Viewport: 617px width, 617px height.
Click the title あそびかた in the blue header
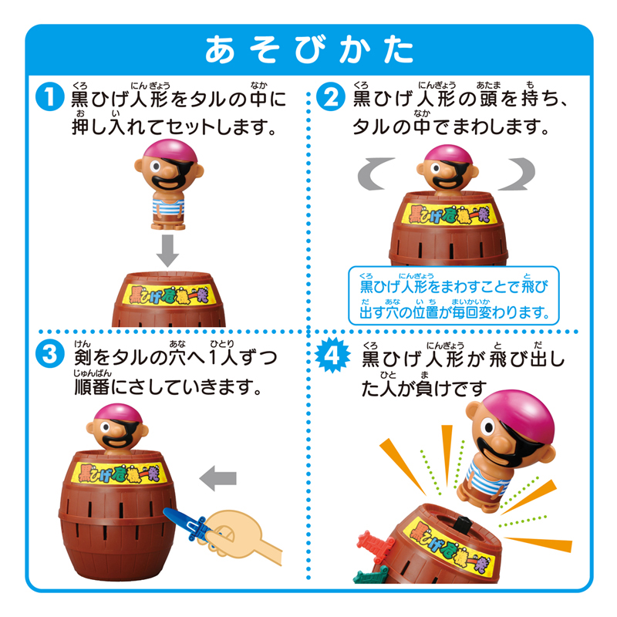click(x=309, y=49)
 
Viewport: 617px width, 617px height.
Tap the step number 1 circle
click(x=49, y=97)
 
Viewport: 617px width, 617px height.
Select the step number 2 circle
click(x=331, y=97)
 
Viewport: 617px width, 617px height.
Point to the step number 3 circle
click(x=49, y=354)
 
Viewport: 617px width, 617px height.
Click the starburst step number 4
click(x=332, y=355)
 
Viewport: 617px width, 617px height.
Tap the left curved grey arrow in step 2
click(x=374, y=174)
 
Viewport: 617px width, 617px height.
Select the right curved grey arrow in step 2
click(x=517, y=174)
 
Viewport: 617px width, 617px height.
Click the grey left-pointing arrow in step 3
click(x=218, y=478)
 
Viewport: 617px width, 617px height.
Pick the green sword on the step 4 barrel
click(x=369, y=575)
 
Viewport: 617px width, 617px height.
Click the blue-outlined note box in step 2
click(x=453, y=295)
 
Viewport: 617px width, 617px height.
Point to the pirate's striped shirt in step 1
click(x=168, y=207)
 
